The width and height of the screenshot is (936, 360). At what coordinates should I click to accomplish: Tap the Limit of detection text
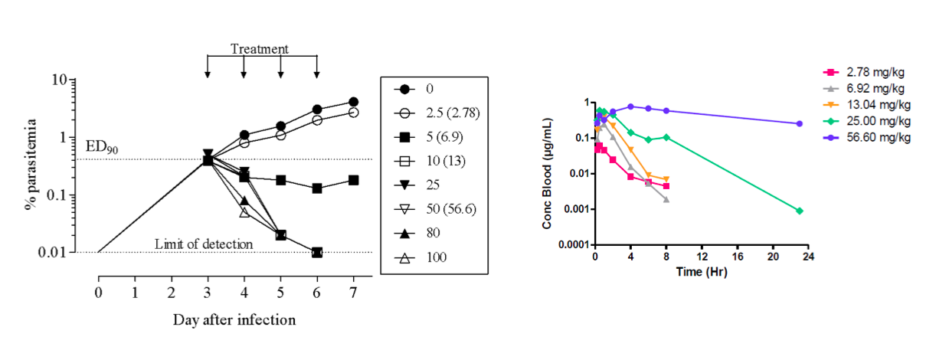pos(204,244)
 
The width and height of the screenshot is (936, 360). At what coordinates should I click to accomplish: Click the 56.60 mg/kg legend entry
pos(872,137)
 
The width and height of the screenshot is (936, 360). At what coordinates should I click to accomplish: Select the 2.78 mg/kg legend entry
pos(869,73)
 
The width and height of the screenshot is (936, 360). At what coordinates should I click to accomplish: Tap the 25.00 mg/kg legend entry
pos(872,121)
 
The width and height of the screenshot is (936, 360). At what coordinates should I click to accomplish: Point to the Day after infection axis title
pos(234,319)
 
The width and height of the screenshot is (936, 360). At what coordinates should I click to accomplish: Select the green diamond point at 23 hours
pos(799,211)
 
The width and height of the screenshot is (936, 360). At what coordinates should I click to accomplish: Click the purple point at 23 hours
pos(799,123)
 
